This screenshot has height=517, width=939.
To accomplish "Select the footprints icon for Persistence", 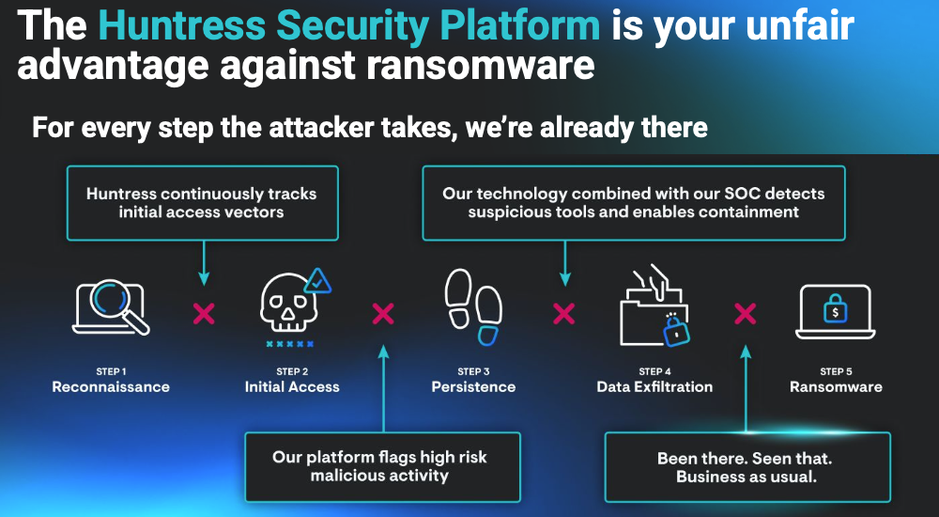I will tap(472, 305).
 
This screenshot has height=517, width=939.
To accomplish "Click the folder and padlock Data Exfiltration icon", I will tap(654, 305).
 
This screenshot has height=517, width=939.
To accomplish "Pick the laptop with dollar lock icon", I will tap(835, 310).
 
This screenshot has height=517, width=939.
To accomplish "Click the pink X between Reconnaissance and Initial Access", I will tap(203, 314).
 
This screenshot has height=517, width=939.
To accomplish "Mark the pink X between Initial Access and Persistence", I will tap(383, 314).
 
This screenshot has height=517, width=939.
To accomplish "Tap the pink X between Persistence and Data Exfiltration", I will tap(563, 314).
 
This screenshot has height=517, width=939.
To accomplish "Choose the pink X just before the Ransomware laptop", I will tap(745, 314).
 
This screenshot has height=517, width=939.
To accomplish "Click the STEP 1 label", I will tap(111, 371).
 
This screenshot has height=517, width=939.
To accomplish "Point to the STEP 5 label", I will tap(836, 371).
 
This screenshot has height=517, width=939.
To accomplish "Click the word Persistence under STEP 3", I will tap(473, 387).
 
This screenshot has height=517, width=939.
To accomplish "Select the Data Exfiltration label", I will tap(654, 387).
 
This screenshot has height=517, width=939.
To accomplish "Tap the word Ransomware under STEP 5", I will tap(836, 387).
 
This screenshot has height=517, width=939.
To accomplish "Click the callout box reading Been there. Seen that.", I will tap(747, 467).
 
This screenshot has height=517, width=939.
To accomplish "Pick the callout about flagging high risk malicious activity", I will tap(381, 466).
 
